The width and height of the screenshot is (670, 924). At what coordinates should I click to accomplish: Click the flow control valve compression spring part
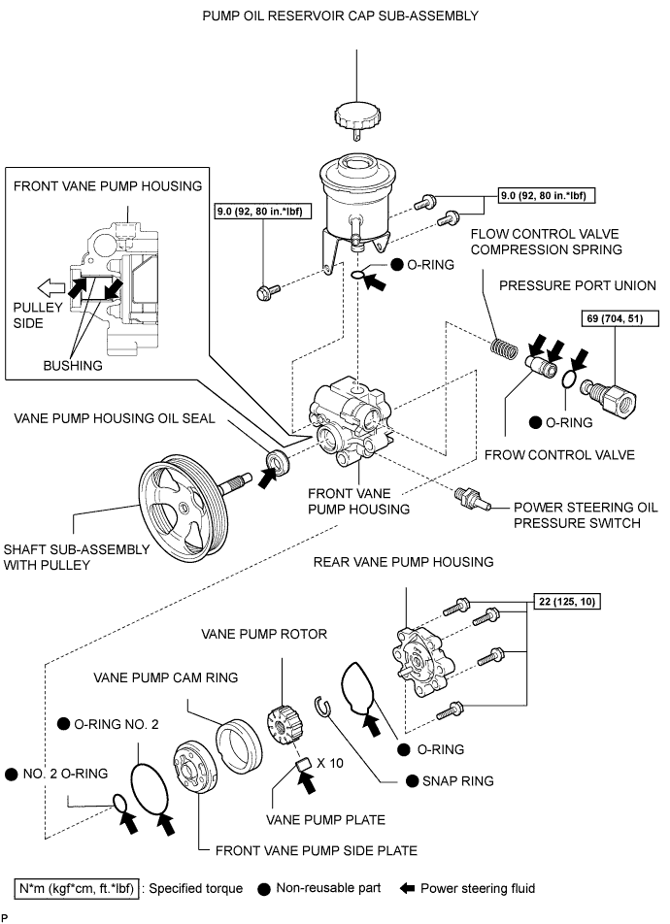coord(502,344)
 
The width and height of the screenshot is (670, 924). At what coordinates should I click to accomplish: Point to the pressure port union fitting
coord(604,391)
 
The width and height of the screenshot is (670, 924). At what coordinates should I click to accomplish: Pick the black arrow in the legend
coord(404,887)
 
